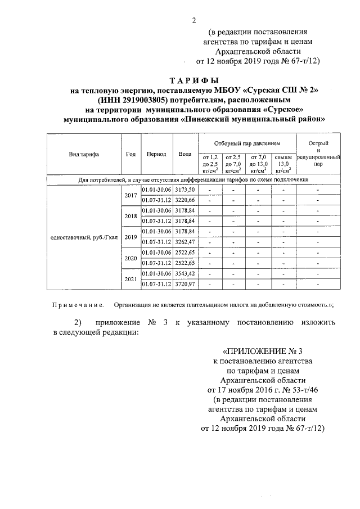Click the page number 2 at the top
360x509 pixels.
point(194,21)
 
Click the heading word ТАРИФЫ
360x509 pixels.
point(194,80)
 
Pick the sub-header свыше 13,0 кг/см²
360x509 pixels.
point(282,163)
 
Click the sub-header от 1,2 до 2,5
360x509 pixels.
point(209,163)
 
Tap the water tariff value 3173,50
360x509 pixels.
point(184,190)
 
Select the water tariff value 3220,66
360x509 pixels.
point(184,200)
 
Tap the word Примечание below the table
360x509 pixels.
point(78,305)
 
